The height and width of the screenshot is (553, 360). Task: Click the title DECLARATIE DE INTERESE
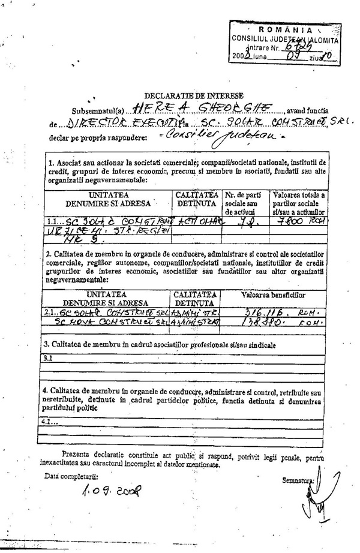click(x=193, y=95)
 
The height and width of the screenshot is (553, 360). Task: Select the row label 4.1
click(x=50, y=422)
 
